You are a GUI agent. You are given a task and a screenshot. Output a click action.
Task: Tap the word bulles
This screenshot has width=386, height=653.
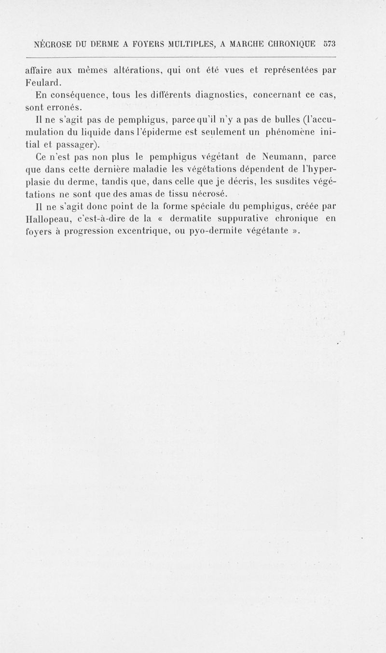pos(270,119)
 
